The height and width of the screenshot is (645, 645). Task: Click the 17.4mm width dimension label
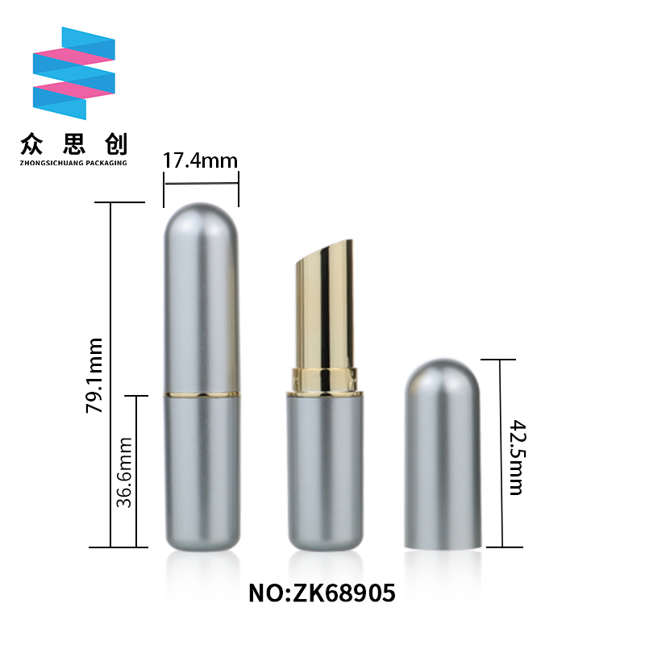[x=200, y=160]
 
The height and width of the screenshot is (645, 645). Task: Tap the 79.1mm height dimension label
[x=94, y=375]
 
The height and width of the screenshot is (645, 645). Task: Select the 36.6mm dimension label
[x=124, y=472]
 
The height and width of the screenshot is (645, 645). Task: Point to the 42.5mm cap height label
[x=518, y=457]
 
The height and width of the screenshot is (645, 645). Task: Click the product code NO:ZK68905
[x=322, y=593]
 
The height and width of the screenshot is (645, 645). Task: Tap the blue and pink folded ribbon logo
[x=74, y=73]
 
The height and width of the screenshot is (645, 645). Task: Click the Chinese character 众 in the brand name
[x=32, y=144]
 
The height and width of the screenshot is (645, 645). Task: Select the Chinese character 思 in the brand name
[x=74, y=144]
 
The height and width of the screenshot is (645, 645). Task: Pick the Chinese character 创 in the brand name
[x=116, y=144]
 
